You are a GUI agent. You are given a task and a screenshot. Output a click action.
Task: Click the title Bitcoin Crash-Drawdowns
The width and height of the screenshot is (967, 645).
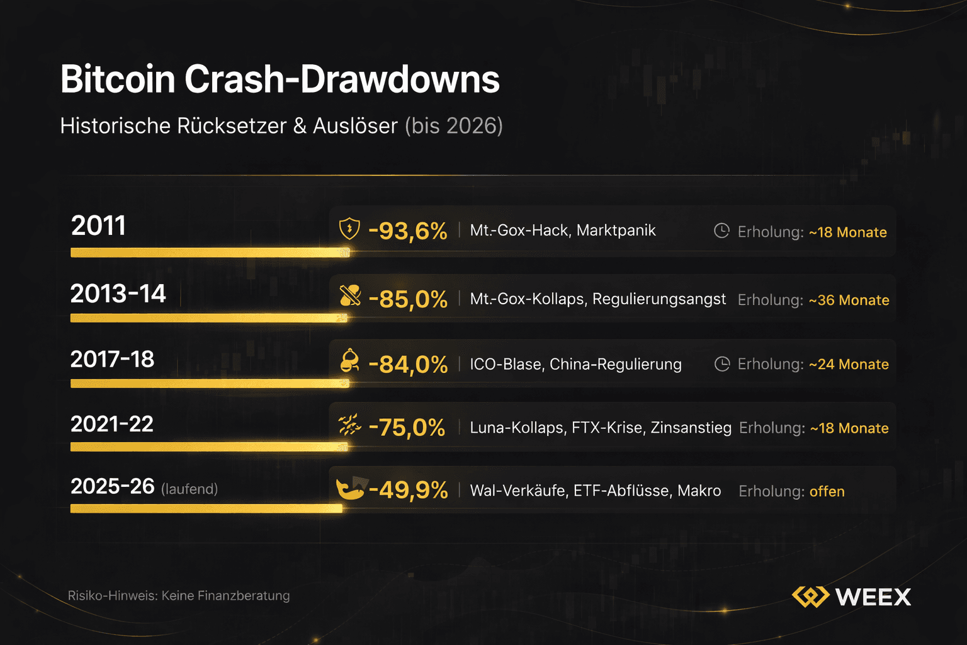[x=280, y=80]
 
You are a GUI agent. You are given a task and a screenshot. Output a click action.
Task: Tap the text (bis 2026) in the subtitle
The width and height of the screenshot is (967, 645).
[x=453, y=126]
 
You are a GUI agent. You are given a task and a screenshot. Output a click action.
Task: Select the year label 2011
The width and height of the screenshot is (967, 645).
[x=98, y=225]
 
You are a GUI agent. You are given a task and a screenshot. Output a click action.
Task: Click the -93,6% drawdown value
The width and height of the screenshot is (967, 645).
[x=407, y=231]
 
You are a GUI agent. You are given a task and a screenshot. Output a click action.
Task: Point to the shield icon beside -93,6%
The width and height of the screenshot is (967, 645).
[x=349, y=229]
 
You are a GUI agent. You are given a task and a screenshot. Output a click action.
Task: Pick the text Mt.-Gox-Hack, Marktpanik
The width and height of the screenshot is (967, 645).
[x=562, y=231]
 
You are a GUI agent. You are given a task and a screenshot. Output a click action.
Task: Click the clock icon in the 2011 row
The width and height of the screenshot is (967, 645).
[x=721, y=231]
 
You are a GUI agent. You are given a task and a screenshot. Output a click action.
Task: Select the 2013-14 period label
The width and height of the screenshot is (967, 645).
[x=118, y=294]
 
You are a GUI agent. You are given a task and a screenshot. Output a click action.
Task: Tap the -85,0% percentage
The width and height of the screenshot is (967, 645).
[x=407, y=299]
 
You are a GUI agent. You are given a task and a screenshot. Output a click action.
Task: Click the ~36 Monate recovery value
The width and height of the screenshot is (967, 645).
[x=849, y=300]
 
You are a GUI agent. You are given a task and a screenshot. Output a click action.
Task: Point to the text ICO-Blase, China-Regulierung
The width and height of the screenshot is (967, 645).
[x=575, y=365]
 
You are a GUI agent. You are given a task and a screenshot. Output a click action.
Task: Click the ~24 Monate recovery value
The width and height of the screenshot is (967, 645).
[x=849, y=365]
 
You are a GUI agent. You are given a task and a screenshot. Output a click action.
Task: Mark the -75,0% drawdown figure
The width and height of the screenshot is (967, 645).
[x=407, y=428]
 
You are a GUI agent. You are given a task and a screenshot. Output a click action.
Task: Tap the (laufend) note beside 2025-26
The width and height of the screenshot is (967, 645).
[x=189, y=489]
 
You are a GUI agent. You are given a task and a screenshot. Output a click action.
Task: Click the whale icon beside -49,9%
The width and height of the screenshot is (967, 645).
[x=350, y=488]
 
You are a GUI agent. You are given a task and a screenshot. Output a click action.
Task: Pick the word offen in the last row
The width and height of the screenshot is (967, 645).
[x=827, y=492]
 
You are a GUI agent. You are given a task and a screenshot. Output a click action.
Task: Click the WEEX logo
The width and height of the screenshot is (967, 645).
[x=851, y=596]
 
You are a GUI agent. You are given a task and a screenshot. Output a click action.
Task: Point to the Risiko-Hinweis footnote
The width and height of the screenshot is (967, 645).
[x=179, y=596]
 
